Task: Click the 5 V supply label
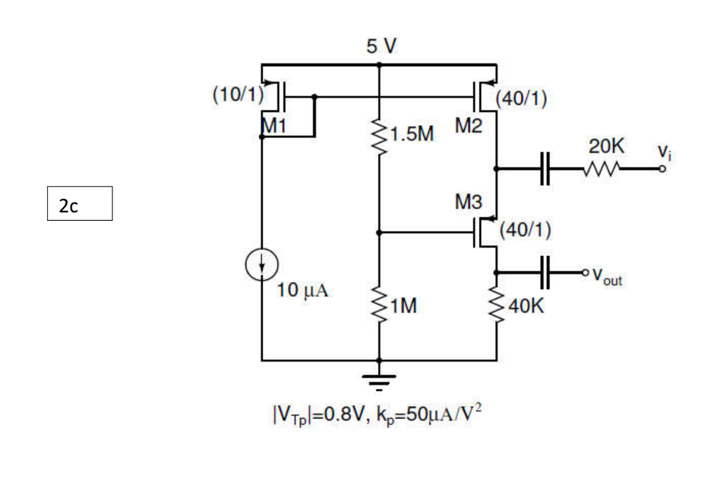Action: [381, 46]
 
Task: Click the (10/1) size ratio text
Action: [236, 94]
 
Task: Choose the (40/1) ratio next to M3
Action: [525, 230]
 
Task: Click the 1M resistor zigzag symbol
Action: [380, 304]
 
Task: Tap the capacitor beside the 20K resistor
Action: [545, 169]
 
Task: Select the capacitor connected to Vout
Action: [545, 272]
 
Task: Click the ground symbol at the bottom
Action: [380, 380]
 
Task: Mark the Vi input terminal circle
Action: [662, 169]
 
